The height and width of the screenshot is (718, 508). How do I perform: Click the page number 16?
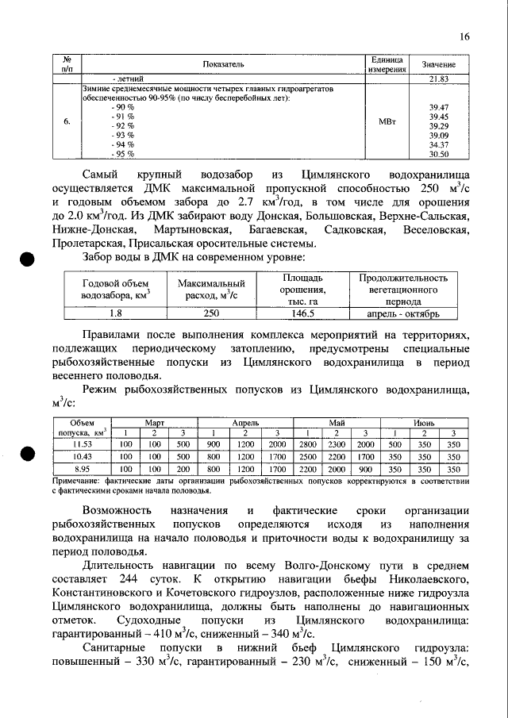[464, 36]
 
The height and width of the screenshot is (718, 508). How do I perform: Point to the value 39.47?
[439, 106]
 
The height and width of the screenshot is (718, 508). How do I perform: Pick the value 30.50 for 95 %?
[439, 154]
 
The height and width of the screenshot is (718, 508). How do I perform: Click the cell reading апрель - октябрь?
[403, 313]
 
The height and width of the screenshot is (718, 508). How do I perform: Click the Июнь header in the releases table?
[423, 424]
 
